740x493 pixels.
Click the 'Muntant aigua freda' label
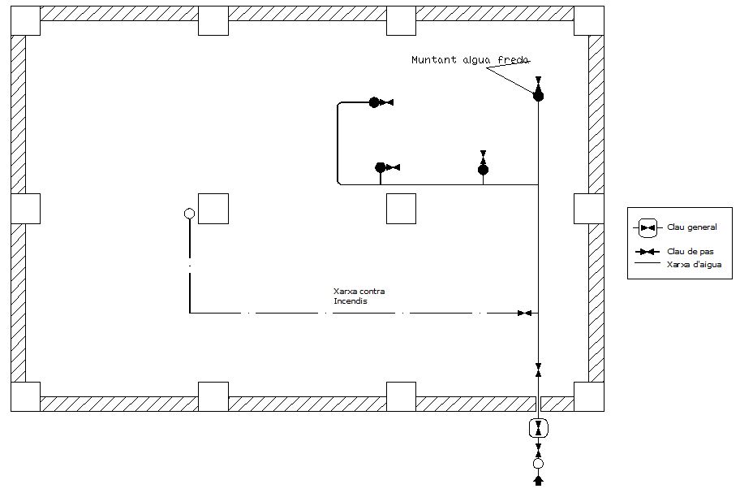(x=471, y=60)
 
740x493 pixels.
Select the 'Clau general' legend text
(x=691, y=227)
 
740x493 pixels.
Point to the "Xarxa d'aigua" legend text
(x=694, y=264)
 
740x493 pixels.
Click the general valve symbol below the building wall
(x=538, y=428)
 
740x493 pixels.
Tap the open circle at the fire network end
(x=190, y=214)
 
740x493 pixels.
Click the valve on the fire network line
(x=525, y=313)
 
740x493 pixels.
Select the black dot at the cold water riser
(x=538, y=96)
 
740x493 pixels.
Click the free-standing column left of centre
(x=213, y=209)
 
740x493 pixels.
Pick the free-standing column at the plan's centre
(x=401, y=209)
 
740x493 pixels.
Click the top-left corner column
(x=25, y=20)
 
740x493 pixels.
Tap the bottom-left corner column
(x=25, y=396)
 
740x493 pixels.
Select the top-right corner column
(x=589, y=20)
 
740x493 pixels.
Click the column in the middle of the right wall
(x=589, y=209)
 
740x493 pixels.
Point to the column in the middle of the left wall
(x=25, y=209)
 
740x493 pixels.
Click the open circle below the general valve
(x=538, y=464)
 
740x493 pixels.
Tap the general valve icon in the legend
(x=647, y=227)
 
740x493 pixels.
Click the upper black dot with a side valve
(x=374, y=102)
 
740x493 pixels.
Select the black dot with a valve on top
(x=483, y=169)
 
